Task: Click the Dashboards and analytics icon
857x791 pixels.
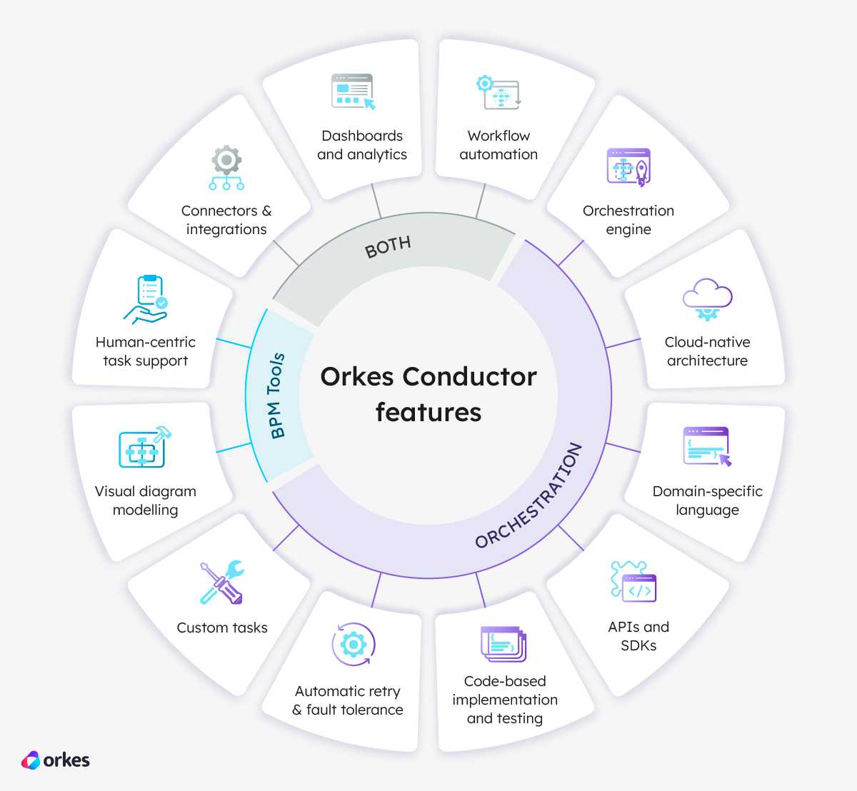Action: point(354,91)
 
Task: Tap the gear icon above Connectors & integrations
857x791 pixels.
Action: point(226,168)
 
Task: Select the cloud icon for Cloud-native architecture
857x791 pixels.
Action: point(707,299)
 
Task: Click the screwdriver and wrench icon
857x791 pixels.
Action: point(222,582)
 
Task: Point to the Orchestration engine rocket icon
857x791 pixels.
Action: point(628,168)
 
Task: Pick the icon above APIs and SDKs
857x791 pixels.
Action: point(633,581)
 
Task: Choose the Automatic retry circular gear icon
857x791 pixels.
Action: point(354,644)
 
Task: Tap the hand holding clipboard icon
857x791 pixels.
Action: point(146,299)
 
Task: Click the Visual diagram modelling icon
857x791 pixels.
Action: point(145,447)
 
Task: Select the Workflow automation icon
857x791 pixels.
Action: point(498,92)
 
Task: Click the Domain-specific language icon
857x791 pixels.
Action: point(708,447)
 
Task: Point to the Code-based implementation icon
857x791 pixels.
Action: point(503,644)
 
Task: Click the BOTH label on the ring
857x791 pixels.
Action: point(388,247)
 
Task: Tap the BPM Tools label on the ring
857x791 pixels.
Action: point(276,395)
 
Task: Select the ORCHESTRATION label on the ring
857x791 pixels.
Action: point(529,496)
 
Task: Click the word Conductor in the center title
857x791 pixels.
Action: point(469,377)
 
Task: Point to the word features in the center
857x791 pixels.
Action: point(428,412)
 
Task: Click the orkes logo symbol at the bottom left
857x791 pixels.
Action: point(31,760)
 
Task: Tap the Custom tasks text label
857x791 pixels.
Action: point(222,628)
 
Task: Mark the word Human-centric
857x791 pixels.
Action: point(146,342)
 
